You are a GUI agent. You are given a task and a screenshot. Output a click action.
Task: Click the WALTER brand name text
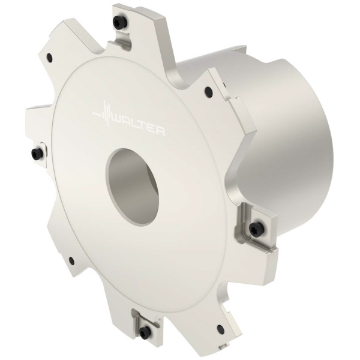point(139,125)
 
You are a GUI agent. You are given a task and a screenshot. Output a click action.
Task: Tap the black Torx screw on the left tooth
point(37,152)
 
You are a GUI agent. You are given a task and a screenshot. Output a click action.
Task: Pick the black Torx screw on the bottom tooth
point(144,331)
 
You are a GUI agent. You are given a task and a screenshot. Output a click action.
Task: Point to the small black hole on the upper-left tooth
point(50,56)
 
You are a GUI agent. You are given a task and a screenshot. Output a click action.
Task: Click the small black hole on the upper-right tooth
point(208,89)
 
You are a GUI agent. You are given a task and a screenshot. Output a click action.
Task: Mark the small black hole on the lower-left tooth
point(71,260)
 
